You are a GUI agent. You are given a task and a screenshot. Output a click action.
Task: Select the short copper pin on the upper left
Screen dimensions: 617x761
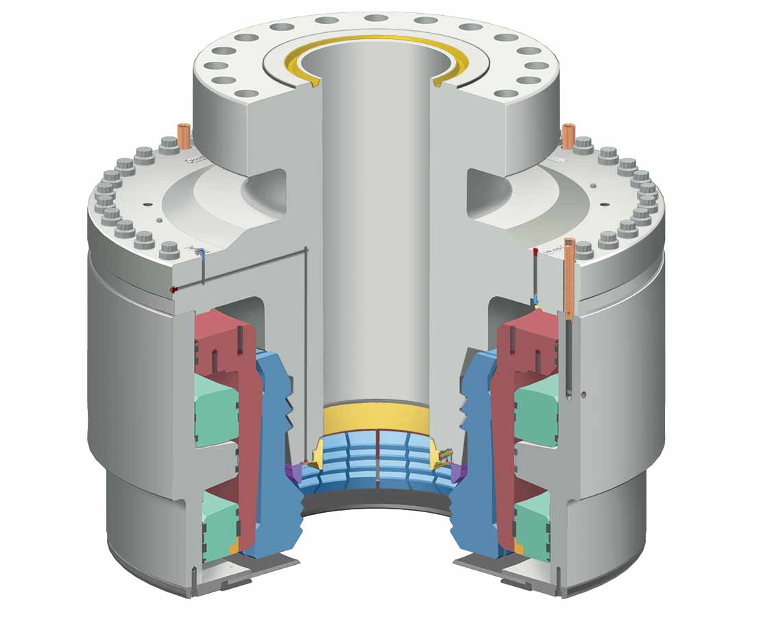184,132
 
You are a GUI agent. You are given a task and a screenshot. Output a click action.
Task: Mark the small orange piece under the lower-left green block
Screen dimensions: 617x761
234,548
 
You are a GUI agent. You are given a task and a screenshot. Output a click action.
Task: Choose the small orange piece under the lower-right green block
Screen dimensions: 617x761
519,548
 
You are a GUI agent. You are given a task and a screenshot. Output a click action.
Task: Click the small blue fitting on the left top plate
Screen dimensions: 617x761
200,253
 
